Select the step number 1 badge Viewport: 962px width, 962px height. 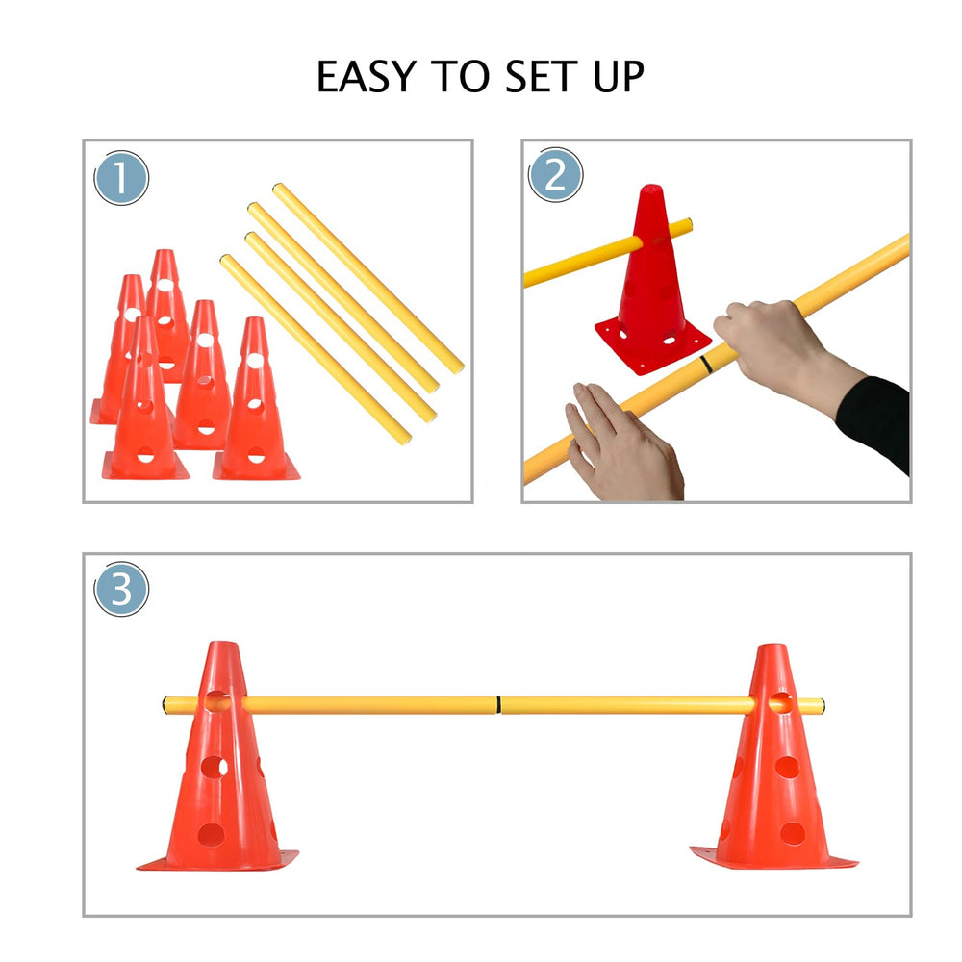tap(121, 178)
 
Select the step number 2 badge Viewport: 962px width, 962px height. tap(556, 175)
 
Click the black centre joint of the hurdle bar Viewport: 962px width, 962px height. tap(499, 705)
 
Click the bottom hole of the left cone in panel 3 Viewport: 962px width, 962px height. tap(212, 833)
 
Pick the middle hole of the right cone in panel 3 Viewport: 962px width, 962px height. tap(787, 767)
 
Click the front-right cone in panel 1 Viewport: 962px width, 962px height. tap(255, 404)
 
